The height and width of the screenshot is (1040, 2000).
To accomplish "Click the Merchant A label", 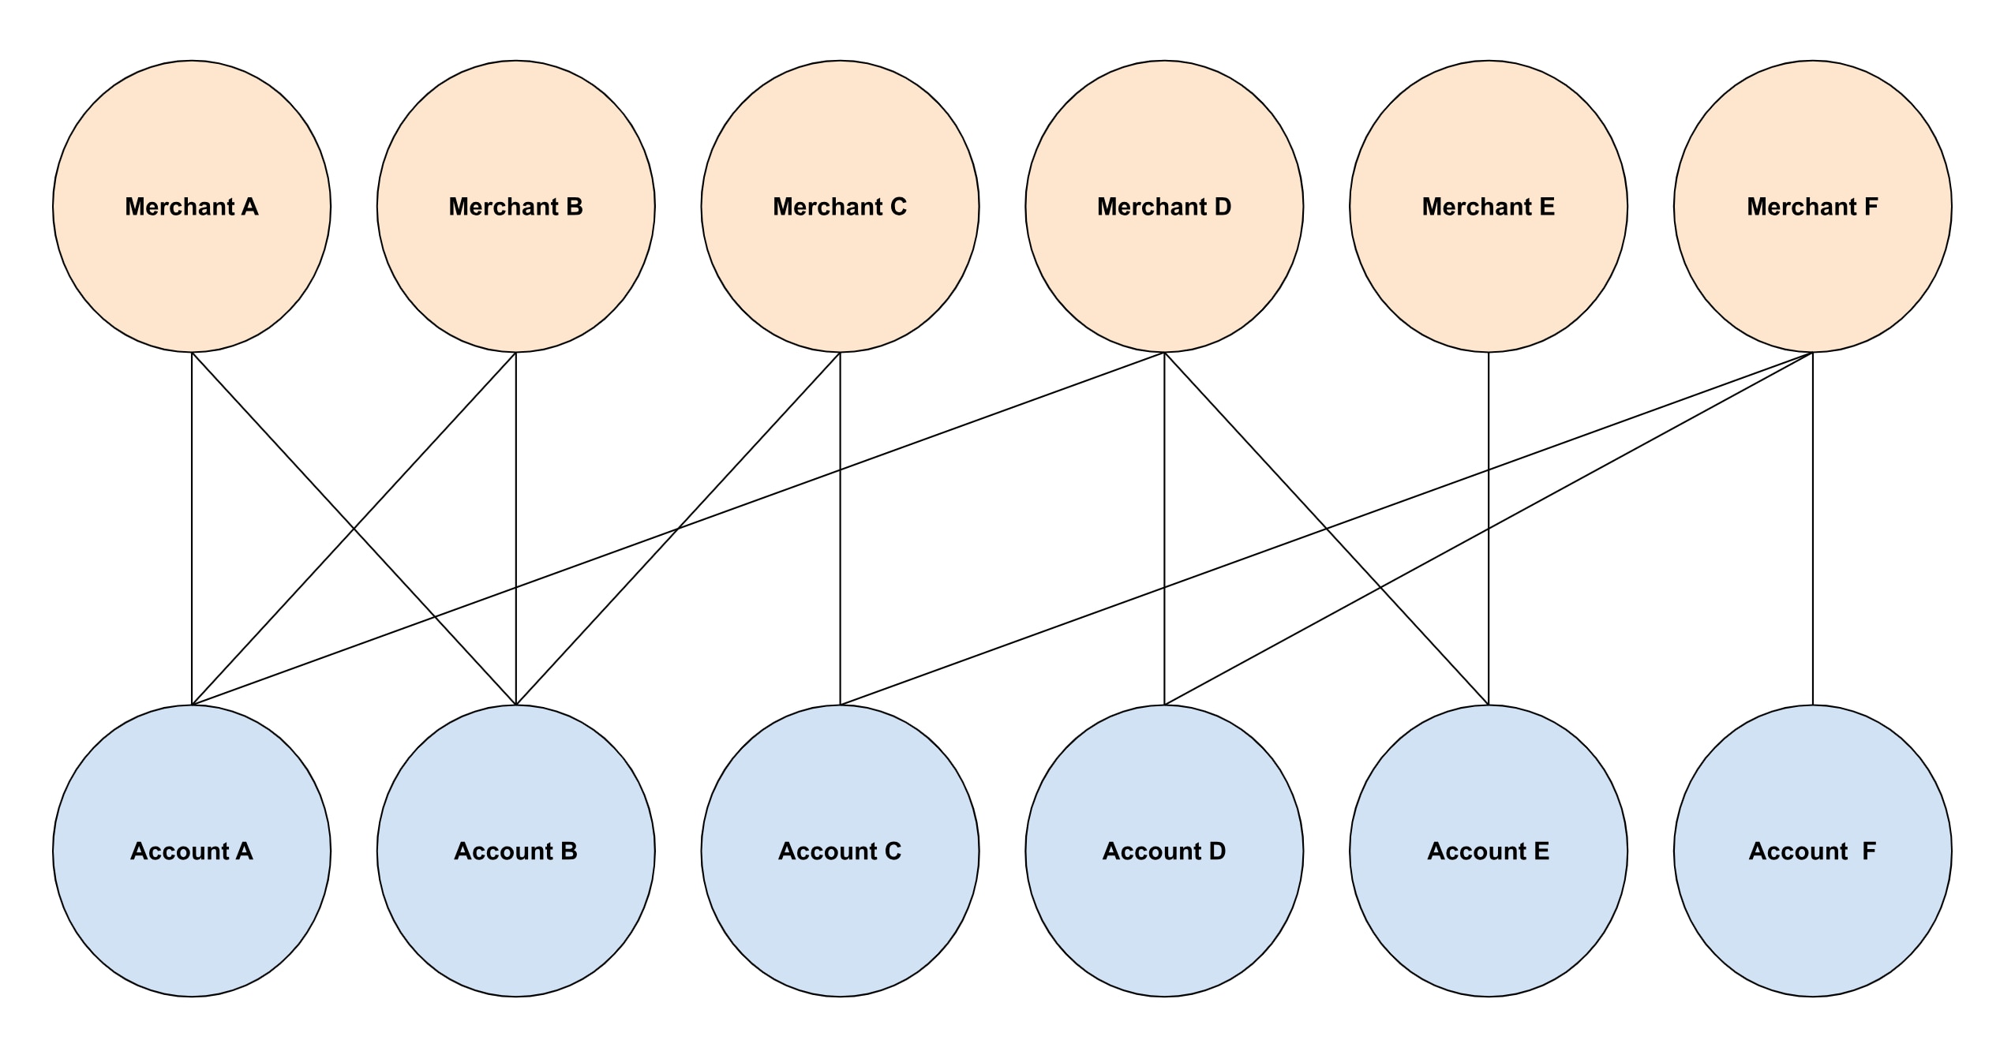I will click(192, 207).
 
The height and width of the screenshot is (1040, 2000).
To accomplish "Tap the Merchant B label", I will click(515, 207).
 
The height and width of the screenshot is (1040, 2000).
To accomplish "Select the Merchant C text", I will click(840, 207).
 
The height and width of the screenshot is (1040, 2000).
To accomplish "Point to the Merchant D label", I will click(1164, 207).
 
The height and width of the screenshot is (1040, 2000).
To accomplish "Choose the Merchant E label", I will click(1489, 207).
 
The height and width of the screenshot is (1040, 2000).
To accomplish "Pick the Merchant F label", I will click(1812, 207).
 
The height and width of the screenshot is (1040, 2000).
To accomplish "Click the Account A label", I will click(192, 851).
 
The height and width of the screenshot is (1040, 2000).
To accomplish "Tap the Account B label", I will click(515, 851).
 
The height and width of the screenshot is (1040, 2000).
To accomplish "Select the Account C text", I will click(840, 851).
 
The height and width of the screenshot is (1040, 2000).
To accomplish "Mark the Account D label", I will click(1164, 851).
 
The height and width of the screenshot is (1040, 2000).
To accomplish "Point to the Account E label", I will click(1489, 851).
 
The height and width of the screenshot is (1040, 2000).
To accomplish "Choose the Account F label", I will click(1812, 851).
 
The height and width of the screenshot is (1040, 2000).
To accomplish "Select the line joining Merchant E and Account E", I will click(1489, 410).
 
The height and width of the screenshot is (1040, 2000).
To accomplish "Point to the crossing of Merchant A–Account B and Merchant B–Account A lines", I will click(354, 529).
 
